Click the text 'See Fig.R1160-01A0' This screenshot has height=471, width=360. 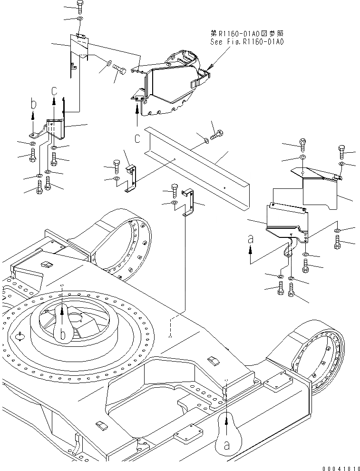click(247, 42)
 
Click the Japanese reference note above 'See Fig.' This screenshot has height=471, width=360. click(247, 34)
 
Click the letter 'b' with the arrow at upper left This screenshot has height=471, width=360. click(32, 103)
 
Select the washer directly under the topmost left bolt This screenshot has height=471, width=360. click(79, 19)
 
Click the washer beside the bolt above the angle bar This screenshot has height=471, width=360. click(205, 140)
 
